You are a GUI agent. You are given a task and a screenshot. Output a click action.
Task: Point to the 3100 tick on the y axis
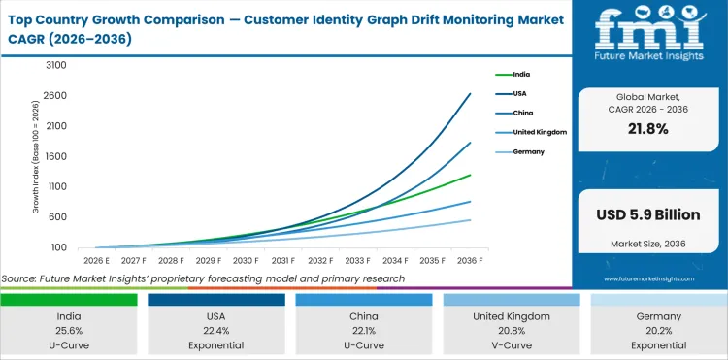tap(55, 65)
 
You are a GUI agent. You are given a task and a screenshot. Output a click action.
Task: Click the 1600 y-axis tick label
tap(55, 156)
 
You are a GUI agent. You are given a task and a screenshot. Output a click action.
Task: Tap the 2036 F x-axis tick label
tap(469, 261)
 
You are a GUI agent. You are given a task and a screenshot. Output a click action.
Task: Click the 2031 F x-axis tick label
tap(282, 261)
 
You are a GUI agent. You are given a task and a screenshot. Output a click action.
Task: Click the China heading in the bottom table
tap(364, 315)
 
